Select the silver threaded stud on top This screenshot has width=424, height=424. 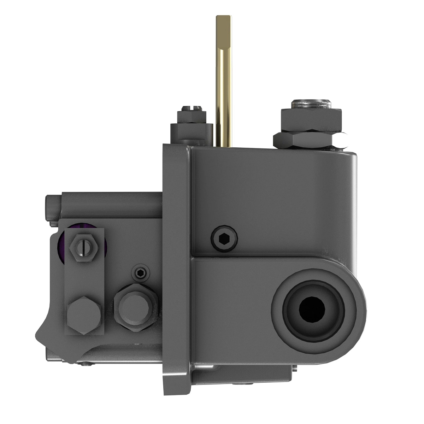point(311,105)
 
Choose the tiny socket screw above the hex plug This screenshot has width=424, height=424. point(141,272)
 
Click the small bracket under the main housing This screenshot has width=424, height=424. point(244,375)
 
